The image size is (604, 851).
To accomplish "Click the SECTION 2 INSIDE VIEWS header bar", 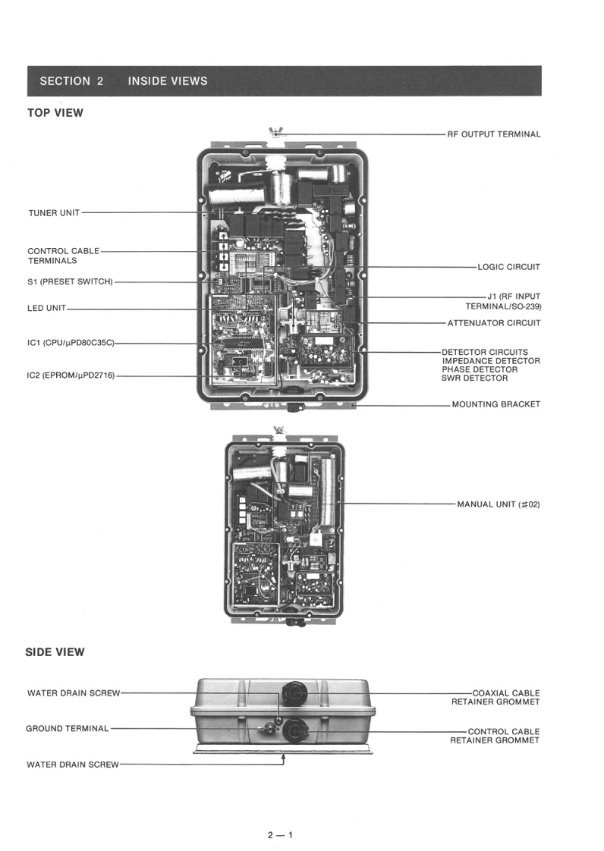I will click(x=284, y=81).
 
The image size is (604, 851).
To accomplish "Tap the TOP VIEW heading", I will click(x=55, y=113).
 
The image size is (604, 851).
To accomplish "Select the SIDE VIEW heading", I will click(x=55, y=652).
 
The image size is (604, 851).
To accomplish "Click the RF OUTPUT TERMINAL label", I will click(x=493, y=134).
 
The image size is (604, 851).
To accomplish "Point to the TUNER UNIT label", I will click(x=54, y=213).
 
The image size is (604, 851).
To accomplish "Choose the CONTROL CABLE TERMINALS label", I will click(x=63, y=256).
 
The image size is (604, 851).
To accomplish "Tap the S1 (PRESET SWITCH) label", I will click(x=70, y=282).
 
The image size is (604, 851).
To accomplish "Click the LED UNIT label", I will click(x=47, y=309).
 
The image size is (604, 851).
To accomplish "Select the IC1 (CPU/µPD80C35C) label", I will click(x=71, y=344).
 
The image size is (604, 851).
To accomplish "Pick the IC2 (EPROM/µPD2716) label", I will click(x=71, y=375).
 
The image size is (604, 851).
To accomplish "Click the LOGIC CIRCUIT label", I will click(x=508, y=267).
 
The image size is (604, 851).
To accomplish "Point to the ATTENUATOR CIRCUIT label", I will click(x=494, y=323).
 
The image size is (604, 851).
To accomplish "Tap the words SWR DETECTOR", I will click(x=474, y=378).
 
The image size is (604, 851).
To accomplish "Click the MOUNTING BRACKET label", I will click(x=496, y=404).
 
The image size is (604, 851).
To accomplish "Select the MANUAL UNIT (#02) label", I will click(x=498, y=504).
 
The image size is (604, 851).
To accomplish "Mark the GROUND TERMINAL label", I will click(x=68, y=729).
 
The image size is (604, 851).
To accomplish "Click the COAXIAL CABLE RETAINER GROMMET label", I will click(x=495, y=697).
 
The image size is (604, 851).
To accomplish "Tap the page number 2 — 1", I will click(x=279, y=835).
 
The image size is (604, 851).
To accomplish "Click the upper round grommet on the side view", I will click(x=294, y=692).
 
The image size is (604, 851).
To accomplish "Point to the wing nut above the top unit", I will click(x=275, y=134).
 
